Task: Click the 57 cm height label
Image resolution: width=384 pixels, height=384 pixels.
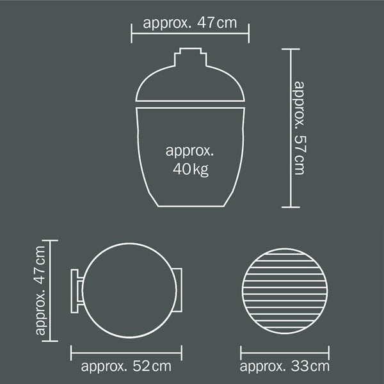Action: click(300, 128)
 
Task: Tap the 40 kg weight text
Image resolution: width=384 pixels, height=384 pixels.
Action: click(191, 169)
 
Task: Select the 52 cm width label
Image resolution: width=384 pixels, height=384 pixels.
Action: click(126, 367)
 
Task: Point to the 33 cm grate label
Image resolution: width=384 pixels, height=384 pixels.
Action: click(285, 367)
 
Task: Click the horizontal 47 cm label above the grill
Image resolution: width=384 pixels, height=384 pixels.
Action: click(190, 23)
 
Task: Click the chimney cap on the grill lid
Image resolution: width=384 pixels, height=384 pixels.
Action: click(191, 57)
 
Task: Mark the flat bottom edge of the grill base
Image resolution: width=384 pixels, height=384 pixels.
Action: click(191, 207)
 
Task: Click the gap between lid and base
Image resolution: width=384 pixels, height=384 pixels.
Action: click(190, 104)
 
